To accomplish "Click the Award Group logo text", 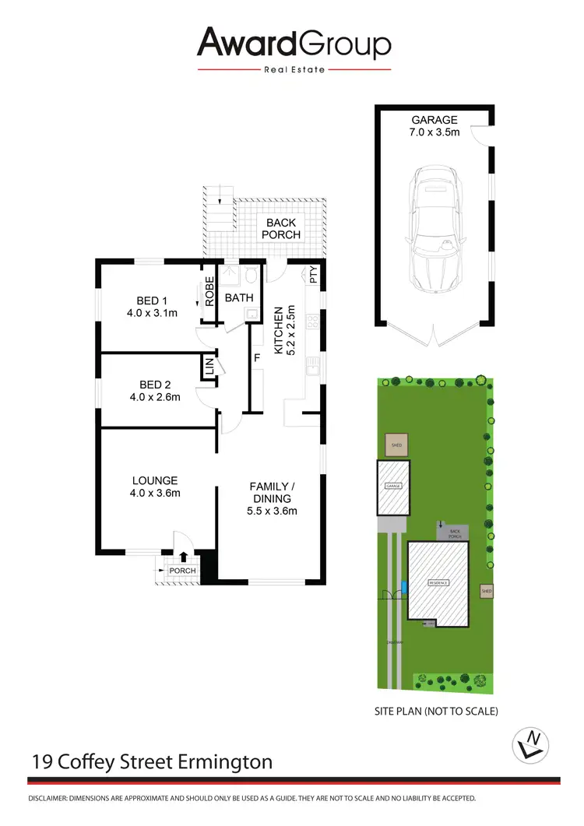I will [294, 44].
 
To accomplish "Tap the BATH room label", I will [238, 297].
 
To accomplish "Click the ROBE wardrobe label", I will [209, 290].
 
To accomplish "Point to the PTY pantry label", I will [313, 275].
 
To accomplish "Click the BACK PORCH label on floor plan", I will [280, 229].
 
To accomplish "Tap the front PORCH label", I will [182, 571].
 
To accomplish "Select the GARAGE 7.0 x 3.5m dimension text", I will [434, 126].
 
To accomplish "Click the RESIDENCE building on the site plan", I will [439, 582].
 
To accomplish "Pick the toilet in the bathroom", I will [250, 275].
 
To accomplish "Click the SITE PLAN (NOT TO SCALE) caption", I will [436, 711].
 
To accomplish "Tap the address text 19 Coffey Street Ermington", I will [153, 761].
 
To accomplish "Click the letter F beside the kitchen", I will [255, 359].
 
